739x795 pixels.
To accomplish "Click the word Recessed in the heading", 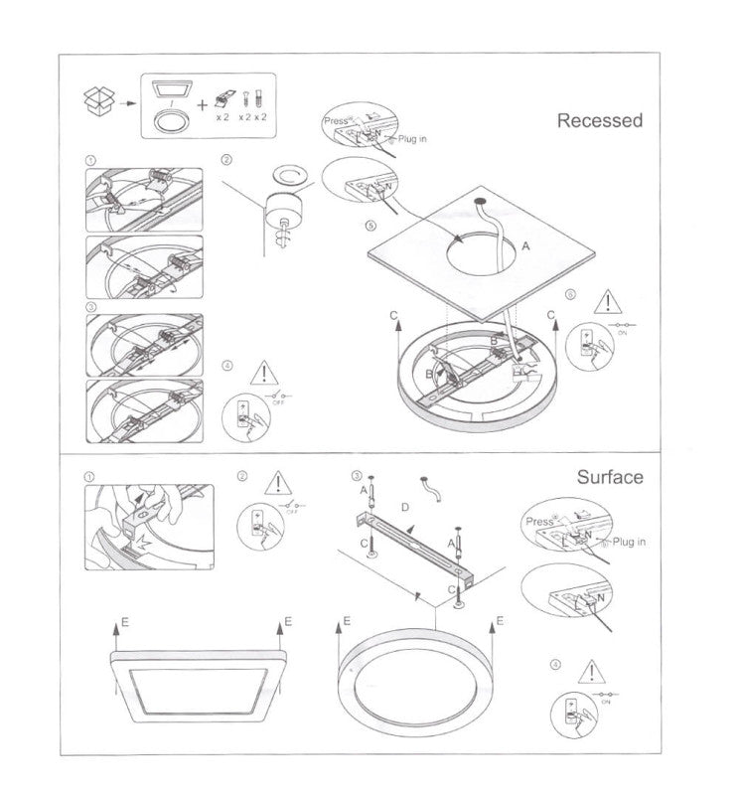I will point(599,121).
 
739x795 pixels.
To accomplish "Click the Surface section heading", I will point(610,477).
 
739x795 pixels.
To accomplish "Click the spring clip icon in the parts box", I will point(223,98).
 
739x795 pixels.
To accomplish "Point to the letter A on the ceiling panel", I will point(525,243).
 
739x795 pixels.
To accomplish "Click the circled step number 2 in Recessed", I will point(226,160).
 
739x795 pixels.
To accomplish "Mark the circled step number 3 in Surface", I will point(357,476).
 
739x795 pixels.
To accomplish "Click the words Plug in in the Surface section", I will point(629,542).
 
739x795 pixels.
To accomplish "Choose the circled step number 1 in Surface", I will point(91,476).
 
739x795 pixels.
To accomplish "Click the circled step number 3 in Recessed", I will point(91,307).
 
